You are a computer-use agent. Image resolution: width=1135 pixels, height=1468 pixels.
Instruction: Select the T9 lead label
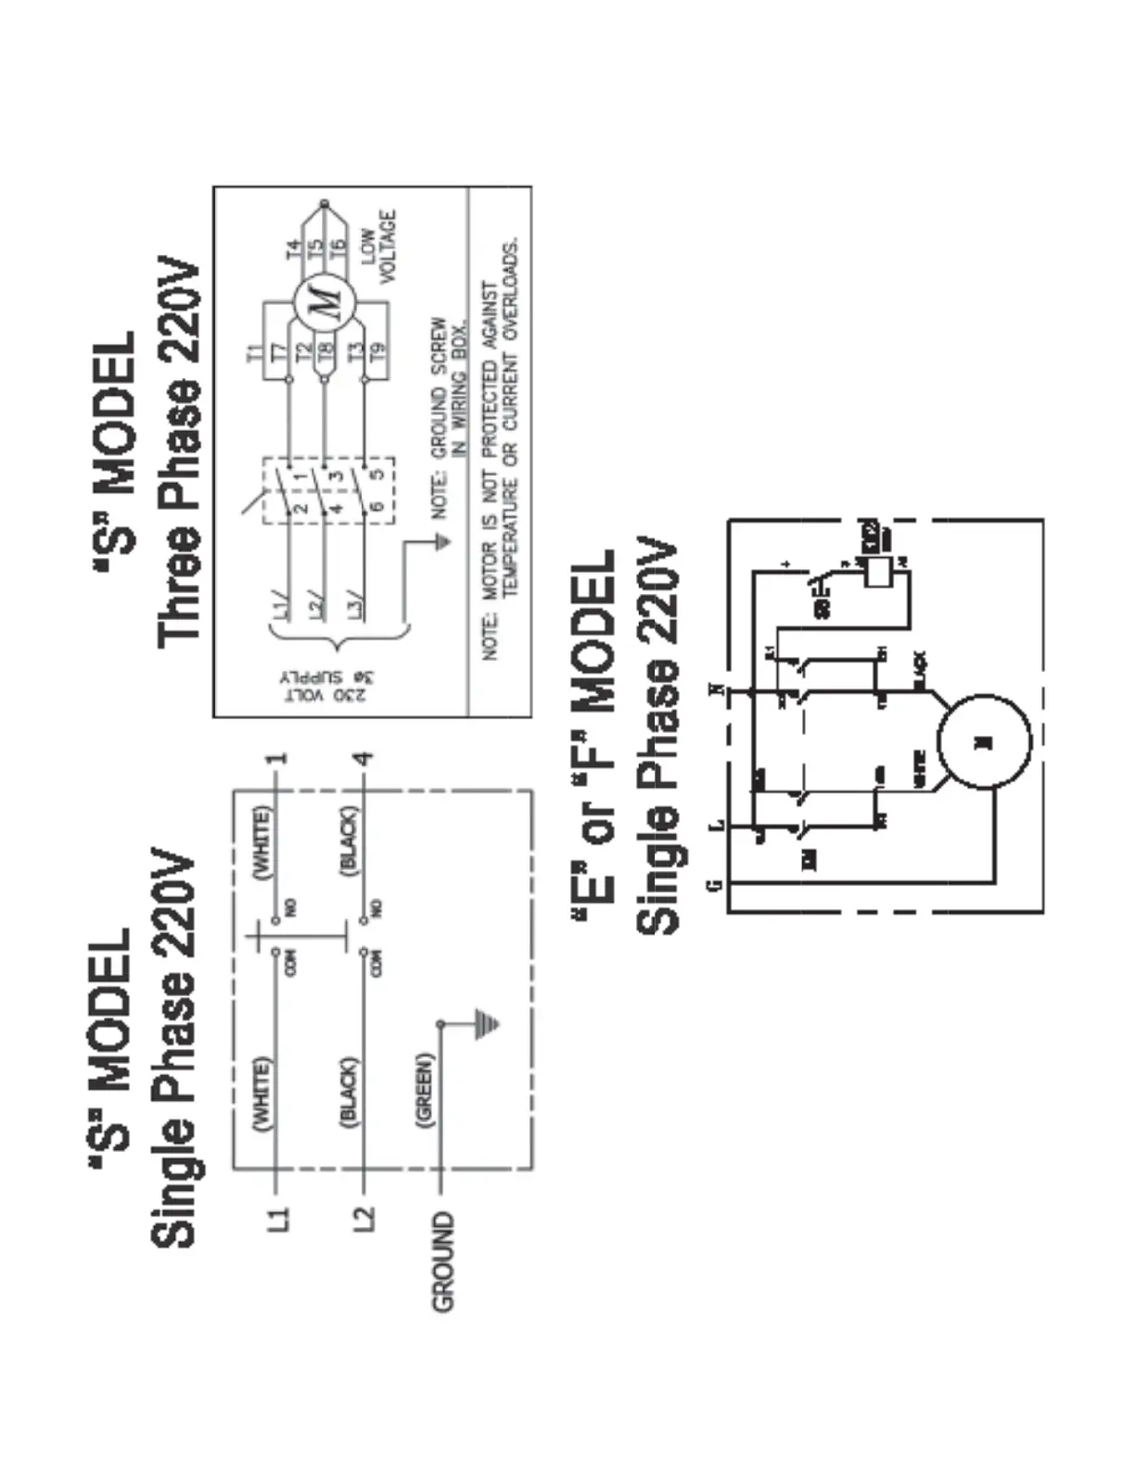pyautogui.click(x=379, y=352)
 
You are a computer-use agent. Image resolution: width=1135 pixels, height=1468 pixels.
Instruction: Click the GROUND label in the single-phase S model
pyautogui.click(x=444, y=1260)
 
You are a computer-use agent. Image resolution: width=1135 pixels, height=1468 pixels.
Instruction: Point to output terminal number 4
pyautogui.click(x=365, y=758)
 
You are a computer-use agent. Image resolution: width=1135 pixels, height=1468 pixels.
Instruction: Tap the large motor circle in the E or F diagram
pyautogui.click(x=984, y=740)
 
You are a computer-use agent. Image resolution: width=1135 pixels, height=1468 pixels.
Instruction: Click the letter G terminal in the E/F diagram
pyautogui.click(x=714, y=885)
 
